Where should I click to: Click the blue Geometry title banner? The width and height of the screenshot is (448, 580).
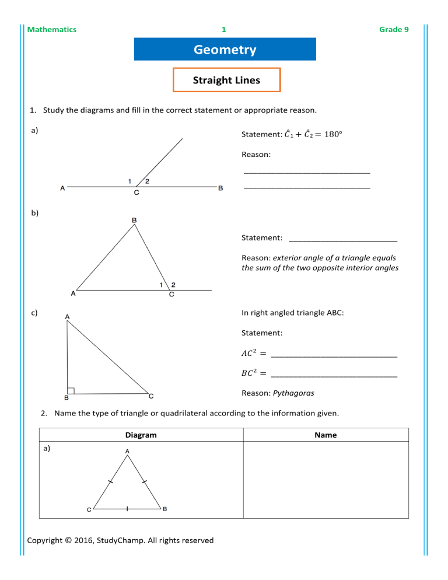(x=225, y=50)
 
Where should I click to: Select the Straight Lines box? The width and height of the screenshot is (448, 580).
(x=226, y=81)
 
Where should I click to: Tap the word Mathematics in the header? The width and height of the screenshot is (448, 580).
(x=52, y=29)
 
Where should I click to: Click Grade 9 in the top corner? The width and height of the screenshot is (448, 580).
(x=394, y=29)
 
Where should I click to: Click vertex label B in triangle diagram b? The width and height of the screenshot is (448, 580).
(x=134, y=220)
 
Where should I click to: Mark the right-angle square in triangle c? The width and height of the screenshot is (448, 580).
(x=70, y=390)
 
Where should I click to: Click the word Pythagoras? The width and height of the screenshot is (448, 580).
(x=293, y=393)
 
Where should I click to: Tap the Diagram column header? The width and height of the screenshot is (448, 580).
(x=141, y=435)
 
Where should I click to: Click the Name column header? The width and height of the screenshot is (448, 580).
(x=325, y=435)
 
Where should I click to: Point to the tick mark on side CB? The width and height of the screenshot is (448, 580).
(x=127, y=509)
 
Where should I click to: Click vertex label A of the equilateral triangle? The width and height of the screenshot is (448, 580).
(x=127, y=451)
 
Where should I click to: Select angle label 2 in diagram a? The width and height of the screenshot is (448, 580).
(x=147, y=181)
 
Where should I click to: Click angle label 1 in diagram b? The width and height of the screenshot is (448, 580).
(x=161, y=284)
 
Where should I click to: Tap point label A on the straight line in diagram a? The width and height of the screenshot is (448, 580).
(x=62, y=188)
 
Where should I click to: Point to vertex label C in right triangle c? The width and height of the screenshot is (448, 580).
(x=151, y=396)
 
